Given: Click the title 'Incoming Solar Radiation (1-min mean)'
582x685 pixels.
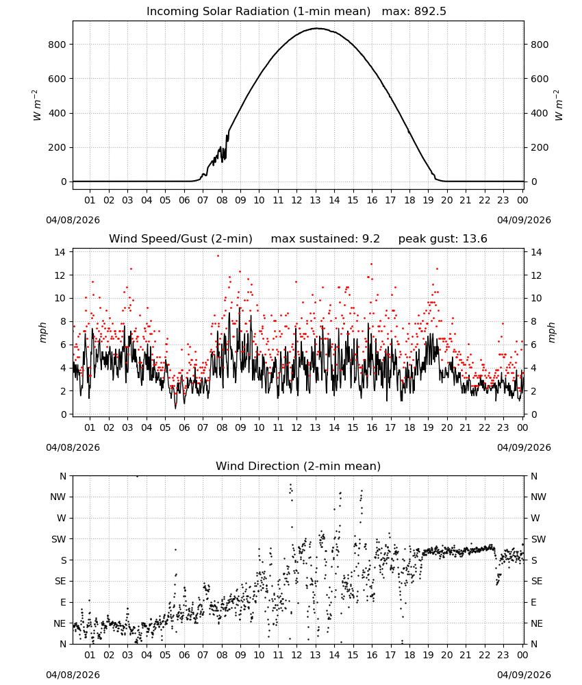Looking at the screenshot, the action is (258, 12).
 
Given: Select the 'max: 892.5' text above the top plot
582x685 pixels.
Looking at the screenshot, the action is (414, 12).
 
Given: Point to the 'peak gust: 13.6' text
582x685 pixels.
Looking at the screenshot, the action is (443, 239).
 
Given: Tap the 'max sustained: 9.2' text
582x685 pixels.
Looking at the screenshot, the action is (325, 239).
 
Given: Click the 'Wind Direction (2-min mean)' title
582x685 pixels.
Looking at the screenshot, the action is (299, 466).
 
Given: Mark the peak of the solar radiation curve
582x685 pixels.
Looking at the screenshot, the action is (317, 28).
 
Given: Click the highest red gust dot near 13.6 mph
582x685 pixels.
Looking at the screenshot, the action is (218, 256).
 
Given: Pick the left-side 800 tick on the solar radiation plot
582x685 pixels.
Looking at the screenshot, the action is (58, 45).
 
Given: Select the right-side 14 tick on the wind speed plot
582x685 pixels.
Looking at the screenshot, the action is (536, 252).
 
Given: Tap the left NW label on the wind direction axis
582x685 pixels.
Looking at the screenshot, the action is (58, 497).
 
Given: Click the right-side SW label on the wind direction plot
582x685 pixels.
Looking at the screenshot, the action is (538, 540).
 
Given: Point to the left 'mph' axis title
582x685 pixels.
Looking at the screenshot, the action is (42, 333).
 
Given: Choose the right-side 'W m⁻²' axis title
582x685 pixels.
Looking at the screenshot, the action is (559, 105).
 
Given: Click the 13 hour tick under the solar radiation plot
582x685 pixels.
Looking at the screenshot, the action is (315, 200).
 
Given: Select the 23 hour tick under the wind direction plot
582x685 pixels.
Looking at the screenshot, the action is (503, 655).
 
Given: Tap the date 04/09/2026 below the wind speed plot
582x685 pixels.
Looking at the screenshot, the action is (524, 447).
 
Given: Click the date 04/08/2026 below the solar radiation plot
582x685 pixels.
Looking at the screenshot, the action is (73, 220).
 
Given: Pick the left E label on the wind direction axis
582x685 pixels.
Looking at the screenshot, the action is (63, 602).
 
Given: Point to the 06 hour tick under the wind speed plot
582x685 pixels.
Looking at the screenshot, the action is (184, 427).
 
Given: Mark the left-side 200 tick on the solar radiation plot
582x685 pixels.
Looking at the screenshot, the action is (58, 148).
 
